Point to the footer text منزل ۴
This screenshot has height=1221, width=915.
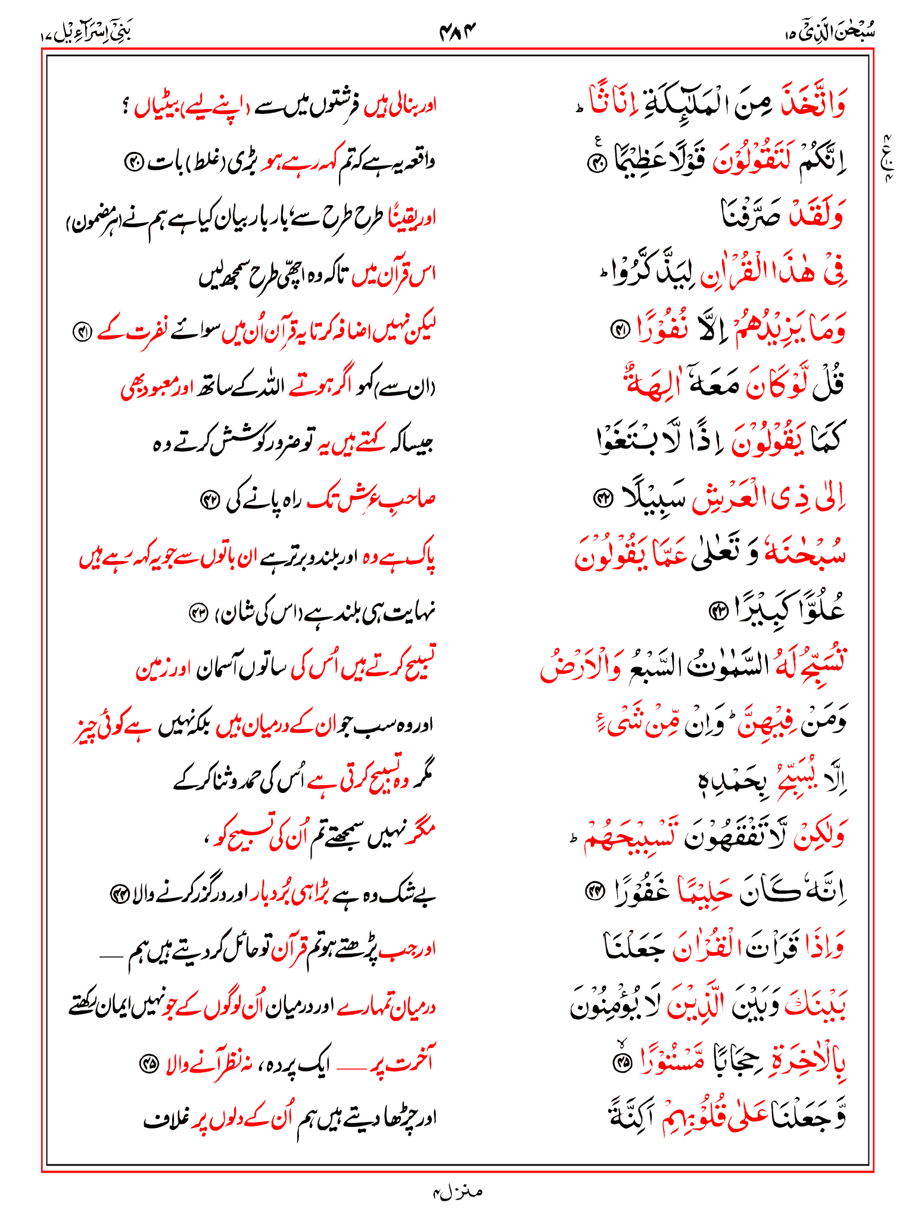point(457,1192)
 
